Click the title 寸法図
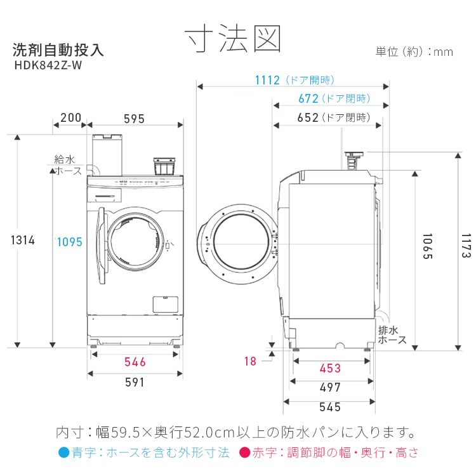pyautogui.click(x=233, y=39)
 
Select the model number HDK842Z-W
pyautogui.click(x=47, y=65)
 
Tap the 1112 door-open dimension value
pyautogui.click(x=267, y=80)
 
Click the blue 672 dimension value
pyautogui.click(x=307, y=98)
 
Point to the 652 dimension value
pyautogui.click(x=307, y=117)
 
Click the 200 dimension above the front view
pyautogui.click(x=70, y=118)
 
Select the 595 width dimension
pyautogui.click(x=134, y=118)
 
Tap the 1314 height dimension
pyautogui.click(x=23, y=241)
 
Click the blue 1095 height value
pyautogui.click(x=69, y=241)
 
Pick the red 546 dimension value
pyautogui.click(x=135, y=362)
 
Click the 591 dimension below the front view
pyautogui.click(x=135, y=382)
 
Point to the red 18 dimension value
pyautogui.click(x=250, y=361)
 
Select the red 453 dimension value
pyautogui.click(x=330, y=368)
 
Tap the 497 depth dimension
pyautogui.click(x=330, y=387)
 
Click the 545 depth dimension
pyautogui.click(x=330, y=407)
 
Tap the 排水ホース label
pyautogui.click(x=392, y=335)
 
